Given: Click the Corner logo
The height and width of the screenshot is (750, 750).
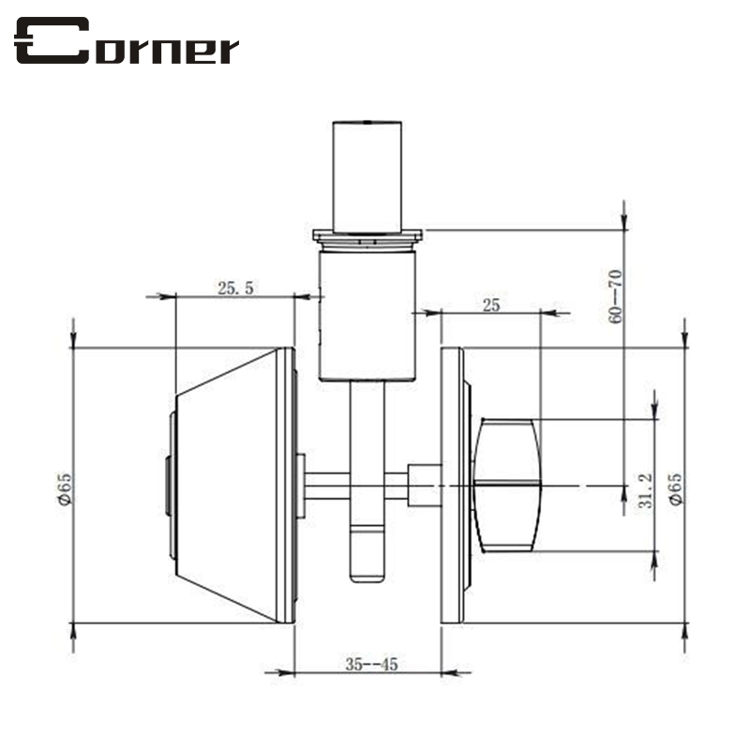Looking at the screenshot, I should (127, 43).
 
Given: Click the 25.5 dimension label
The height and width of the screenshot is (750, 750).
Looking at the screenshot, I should (235, 289).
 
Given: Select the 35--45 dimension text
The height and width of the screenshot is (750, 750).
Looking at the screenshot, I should (371, 665).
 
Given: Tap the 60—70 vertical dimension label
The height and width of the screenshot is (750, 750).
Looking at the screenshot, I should (615, 296).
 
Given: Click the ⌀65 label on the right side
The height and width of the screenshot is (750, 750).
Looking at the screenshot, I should (675, 487).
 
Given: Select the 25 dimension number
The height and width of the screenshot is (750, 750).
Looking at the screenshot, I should (490, 305).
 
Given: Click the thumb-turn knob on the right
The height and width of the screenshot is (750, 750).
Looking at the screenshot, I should (508, 486).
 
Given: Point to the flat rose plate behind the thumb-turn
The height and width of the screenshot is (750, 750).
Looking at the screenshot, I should (453, 486).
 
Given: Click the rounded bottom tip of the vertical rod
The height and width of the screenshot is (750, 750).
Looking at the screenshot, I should (367, 575).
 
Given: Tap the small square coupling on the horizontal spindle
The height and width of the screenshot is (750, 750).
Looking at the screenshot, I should (425, 485).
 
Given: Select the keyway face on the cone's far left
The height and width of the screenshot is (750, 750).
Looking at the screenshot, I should (168, 486).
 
